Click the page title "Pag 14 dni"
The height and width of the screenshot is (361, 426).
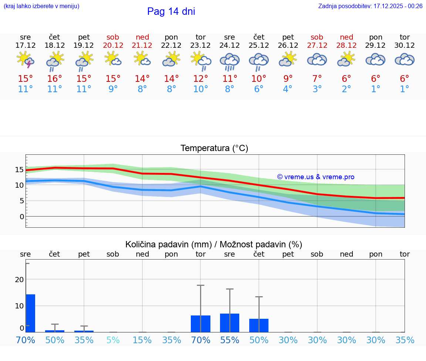click(x=171, y=11)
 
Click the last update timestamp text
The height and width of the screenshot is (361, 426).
click(x=370, y=6)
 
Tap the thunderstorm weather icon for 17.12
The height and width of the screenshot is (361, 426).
click(x=26, y=60)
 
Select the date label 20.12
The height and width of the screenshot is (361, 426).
click(x=113, y=45)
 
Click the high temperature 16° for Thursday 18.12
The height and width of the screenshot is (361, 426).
click(x=55, y=78)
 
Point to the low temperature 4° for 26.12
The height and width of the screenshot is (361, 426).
click(x=288, y=89)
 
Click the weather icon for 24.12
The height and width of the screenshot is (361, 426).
click(x=230, y=61)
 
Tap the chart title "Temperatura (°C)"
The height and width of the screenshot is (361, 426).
click(x=214, y=148)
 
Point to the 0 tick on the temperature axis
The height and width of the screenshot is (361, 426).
click(x=22, y=216)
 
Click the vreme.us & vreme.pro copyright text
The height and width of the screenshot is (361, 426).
click(x=315, y=177)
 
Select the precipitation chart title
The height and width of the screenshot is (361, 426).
click(x=214, y=244)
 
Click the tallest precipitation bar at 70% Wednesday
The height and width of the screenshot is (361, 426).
click(x=30, y=313)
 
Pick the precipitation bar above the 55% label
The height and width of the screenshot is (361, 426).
click(x=230, y=322)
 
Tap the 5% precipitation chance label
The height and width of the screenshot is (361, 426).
click(x=113, y=340)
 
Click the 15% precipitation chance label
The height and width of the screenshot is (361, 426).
click(x=142, y=340)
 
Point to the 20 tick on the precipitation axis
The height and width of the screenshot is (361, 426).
click(x=20, y=279)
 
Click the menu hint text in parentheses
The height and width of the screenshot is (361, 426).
click(x=41, y=6)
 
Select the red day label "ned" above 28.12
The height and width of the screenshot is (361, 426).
click(x=346, y=37)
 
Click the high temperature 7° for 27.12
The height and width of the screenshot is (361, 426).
click(x=317, y=78)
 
